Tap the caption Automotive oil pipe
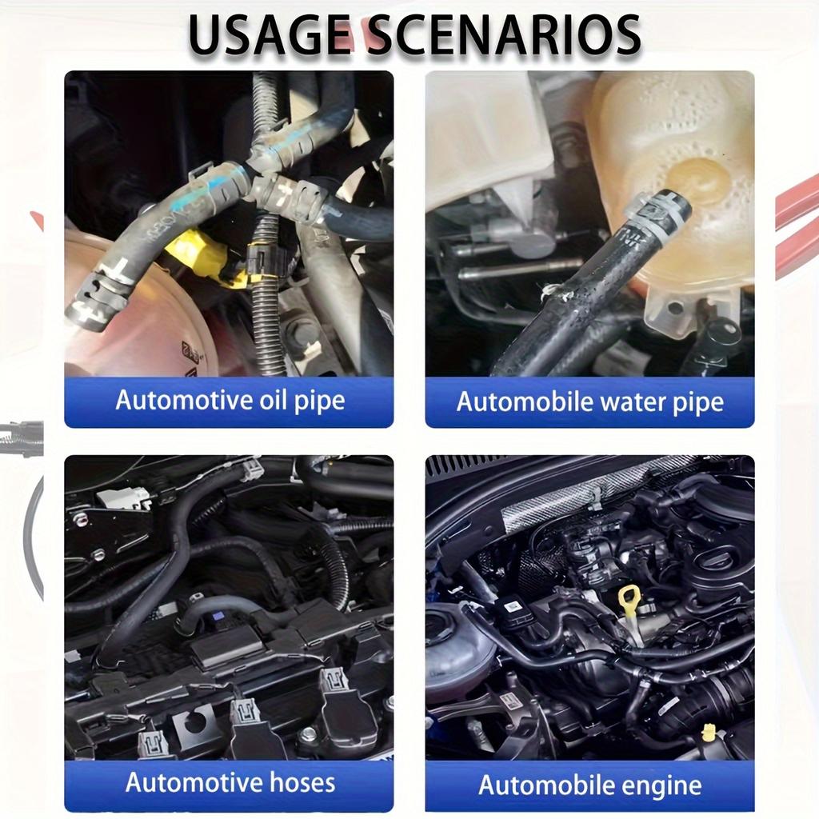click(230, 400)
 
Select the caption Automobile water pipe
click(589, 402)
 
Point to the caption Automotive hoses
click(230, 781)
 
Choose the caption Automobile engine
click(589, 785)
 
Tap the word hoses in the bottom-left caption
click(296, 781)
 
